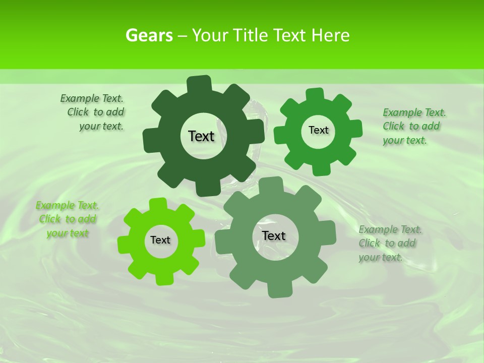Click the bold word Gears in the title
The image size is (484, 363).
coord(149,35)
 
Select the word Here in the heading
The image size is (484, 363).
coord(330,35)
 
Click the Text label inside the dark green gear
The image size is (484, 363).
coord(201,136)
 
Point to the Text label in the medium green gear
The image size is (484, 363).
coord(318,130)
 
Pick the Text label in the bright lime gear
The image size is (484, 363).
coord(160,240)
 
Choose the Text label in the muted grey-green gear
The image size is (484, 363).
coord(274,236)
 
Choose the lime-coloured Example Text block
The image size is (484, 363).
coord(68,219)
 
